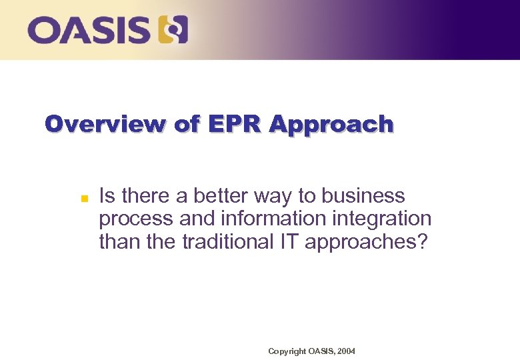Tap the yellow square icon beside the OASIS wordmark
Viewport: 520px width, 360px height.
click(x=173, y=30)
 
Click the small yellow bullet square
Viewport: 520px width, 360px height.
click(x=75, y=198)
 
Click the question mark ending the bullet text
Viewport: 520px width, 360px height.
click(x=421, y=241)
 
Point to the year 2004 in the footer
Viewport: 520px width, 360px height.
click(x=347, y=351)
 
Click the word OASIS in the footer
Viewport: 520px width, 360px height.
click(x=320, y=351)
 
